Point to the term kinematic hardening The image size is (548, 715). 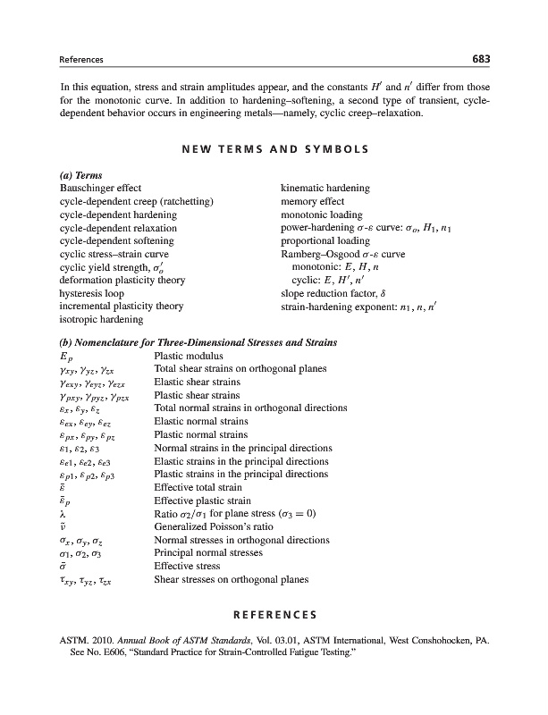coord(325,189)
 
